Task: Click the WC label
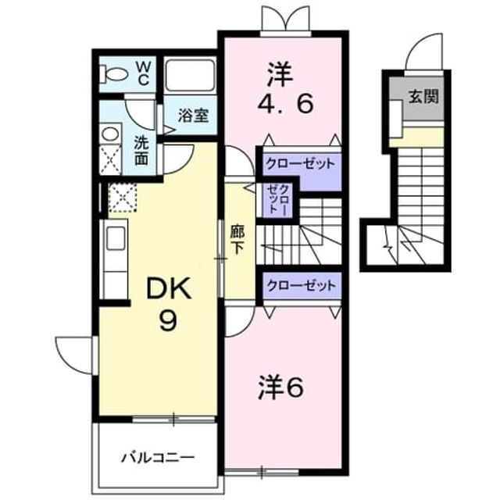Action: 143,74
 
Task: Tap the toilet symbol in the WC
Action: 112,74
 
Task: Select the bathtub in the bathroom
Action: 190,75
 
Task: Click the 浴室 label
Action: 193,116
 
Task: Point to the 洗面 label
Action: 141,151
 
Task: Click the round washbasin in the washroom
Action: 110,134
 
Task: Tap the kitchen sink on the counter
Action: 116,238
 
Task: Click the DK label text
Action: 169,288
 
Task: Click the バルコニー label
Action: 158,459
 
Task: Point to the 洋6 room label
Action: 280,387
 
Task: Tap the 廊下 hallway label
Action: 237,240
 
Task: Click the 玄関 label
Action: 423,96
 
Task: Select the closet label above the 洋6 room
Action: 302,285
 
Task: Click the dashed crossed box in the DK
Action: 123,198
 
